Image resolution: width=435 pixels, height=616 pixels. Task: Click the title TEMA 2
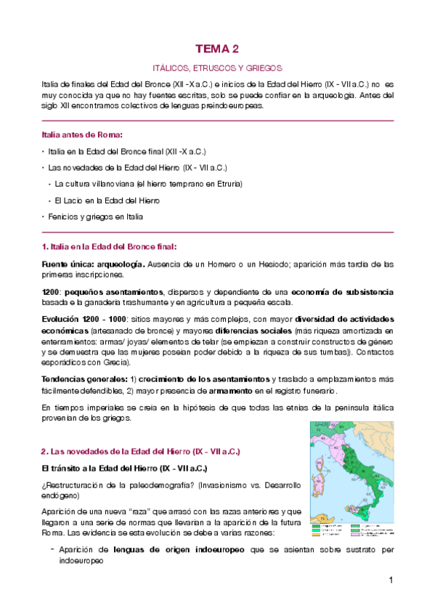(x=216, y=49)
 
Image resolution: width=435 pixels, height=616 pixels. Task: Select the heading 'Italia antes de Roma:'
(x=82, y=135)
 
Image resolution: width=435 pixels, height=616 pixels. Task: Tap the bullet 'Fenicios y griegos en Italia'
(x=96, y=216)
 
